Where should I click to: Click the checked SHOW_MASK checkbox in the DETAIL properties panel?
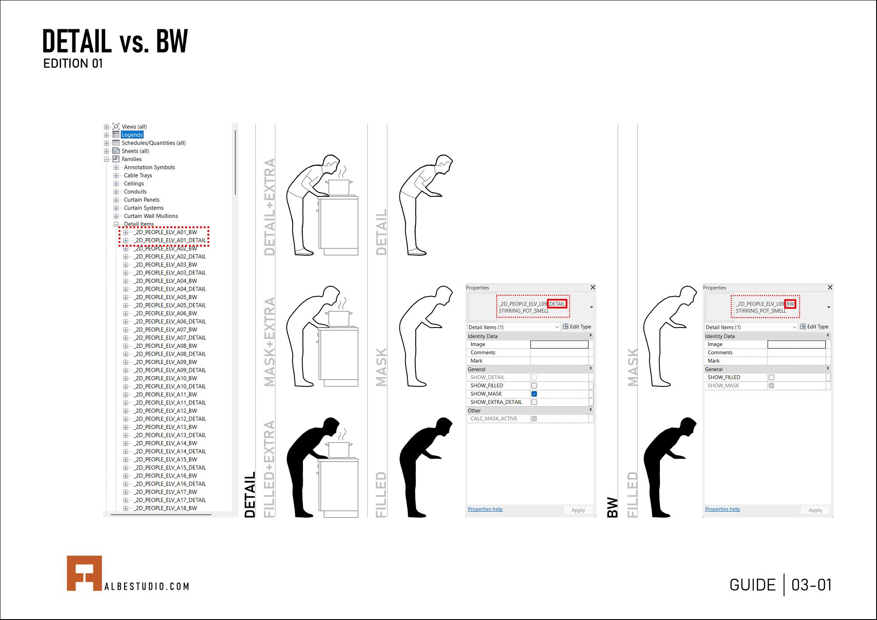coord(534,394)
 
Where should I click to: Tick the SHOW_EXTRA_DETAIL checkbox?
coord(534,402)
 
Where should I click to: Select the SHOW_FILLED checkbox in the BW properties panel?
coord(771,377)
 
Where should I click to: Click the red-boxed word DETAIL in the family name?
coord(557,303)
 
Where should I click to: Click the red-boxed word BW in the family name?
coord(790,303)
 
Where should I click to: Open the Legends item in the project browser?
coord(132,135)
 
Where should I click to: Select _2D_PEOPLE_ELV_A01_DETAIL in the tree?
coord(170,240)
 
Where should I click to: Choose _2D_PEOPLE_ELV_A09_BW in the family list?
coord(166,362)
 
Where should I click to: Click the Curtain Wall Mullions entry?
coord(151,216)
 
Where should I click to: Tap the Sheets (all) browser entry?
coord(135,151)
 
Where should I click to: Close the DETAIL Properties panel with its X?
coord(593,288)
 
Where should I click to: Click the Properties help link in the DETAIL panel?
coord(485,509)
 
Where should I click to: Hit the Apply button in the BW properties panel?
coord(815,510)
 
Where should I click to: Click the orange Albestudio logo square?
coord(84,573)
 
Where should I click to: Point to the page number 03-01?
coord(811,585)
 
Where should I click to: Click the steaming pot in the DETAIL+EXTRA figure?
coord(339,187)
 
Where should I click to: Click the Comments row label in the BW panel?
coord(720,353)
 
